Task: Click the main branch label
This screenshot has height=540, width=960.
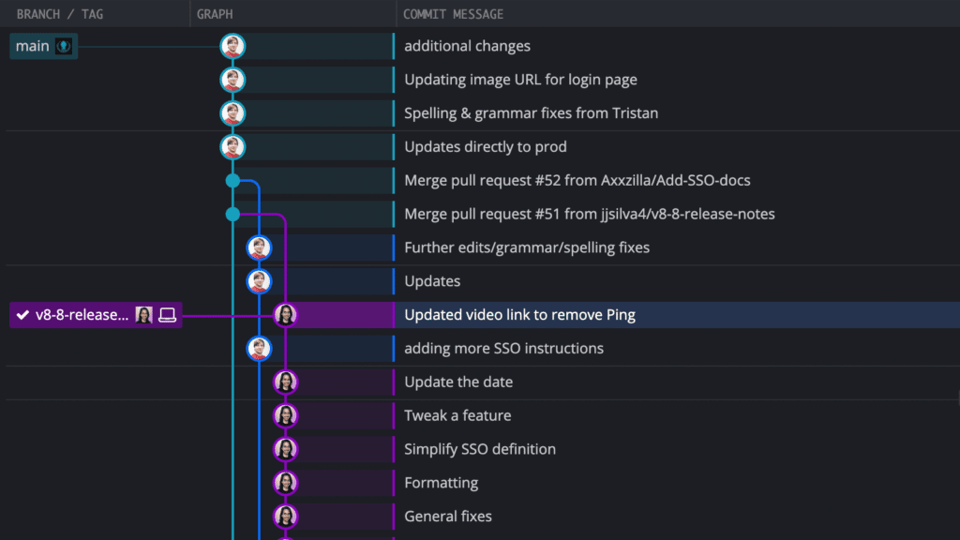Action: (x=43, y=46)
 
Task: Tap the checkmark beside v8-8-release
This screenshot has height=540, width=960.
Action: (x=22, y=315)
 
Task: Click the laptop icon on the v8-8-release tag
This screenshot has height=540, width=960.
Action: (x=167, y=315)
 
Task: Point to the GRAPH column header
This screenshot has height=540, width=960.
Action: (x=215, y=14)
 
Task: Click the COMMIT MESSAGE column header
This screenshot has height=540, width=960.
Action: (x=453, y=14)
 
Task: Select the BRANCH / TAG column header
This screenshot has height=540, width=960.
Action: (x=59, y=14)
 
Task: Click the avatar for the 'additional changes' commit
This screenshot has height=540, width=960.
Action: (x=232, y=46)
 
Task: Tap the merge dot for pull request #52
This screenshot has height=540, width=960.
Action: (x=232, y=181)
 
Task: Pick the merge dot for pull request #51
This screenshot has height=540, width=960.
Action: (x=232, y=215)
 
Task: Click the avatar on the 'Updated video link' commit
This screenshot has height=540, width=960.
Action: (x=285, y=315)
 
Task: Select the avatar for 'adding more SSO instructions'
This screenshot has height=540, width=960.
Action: (x=259, y=349)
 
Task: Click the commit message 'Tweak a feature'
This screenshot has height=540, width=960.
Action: (x=457, y=415)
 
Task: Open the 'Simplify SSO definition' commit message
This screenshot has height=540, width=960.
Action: (x=480, y=449)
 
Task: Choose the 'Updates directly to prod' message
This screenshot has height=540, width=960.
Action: (x=486, y=147)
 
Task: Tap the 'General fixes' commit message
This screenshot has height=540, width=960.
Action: (x=447, y=517)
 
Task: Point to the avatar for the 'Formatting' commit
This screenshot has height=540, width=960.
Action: (x=285, y=483)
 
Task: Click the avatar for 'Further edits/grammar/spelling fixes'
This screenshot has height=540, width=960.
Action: (x=259, y=247)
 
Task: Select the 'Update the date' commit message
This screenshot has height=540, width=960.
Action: (x=458, y=382)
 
